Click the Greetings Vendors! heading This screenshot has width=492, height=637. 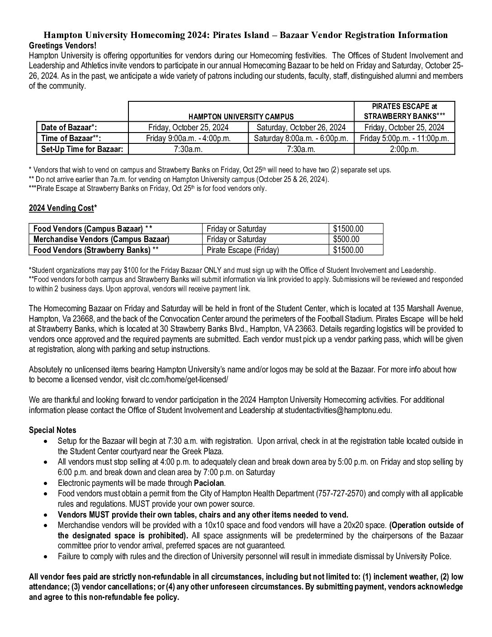[x=62, y=46]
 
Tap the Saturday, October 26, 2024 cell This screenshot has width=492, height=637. [x=301, y=128]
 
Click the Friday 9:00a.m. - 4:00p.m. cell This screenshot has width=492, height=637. [x=188, y=138]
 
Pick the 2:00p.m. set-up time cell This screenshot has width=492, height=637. [x=404, y=149]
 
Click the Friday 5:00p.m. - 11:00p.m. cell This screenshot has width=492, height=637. [x=404, y=138]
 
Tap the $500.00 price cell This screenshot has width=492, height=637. [x=346, y=239]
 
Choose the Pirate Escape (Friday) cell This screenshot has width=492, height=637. [x=242, y=250]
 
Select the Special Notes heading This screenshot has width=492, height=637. [x=52, y=430]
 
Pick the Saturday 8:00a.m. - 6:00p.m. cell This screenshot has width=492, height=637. [x=301, y=138]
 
